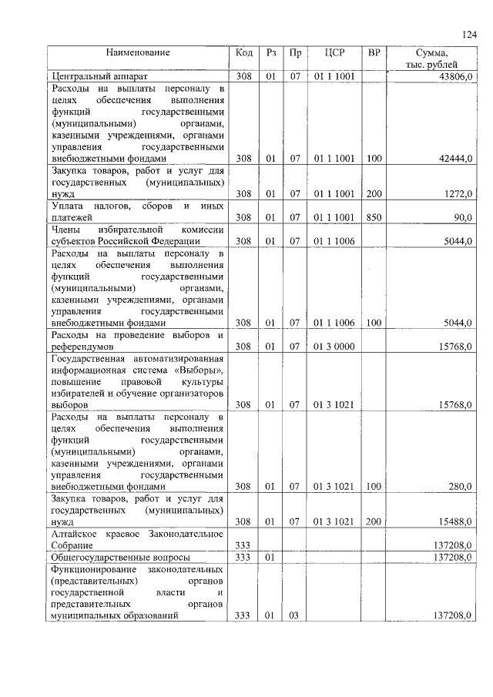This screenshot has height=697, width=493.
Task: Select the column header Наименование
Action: [138, 53]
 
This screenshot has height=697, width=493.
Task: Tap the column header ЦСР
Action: [334, 53]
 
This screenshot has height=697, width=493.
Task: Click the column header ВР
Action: [374, 53]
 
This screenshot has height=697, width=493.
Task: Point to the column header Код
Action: [244, 53]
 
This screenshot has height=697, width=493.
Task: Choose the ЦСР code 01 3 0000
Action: [334, 347]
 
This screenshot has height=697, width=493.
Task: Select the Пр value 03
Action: [294, 616]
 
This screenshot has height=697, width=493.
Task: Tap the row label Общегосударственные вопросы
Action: [120, 557]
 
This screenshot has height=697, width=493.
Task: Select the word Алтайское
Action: [76, 534]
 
